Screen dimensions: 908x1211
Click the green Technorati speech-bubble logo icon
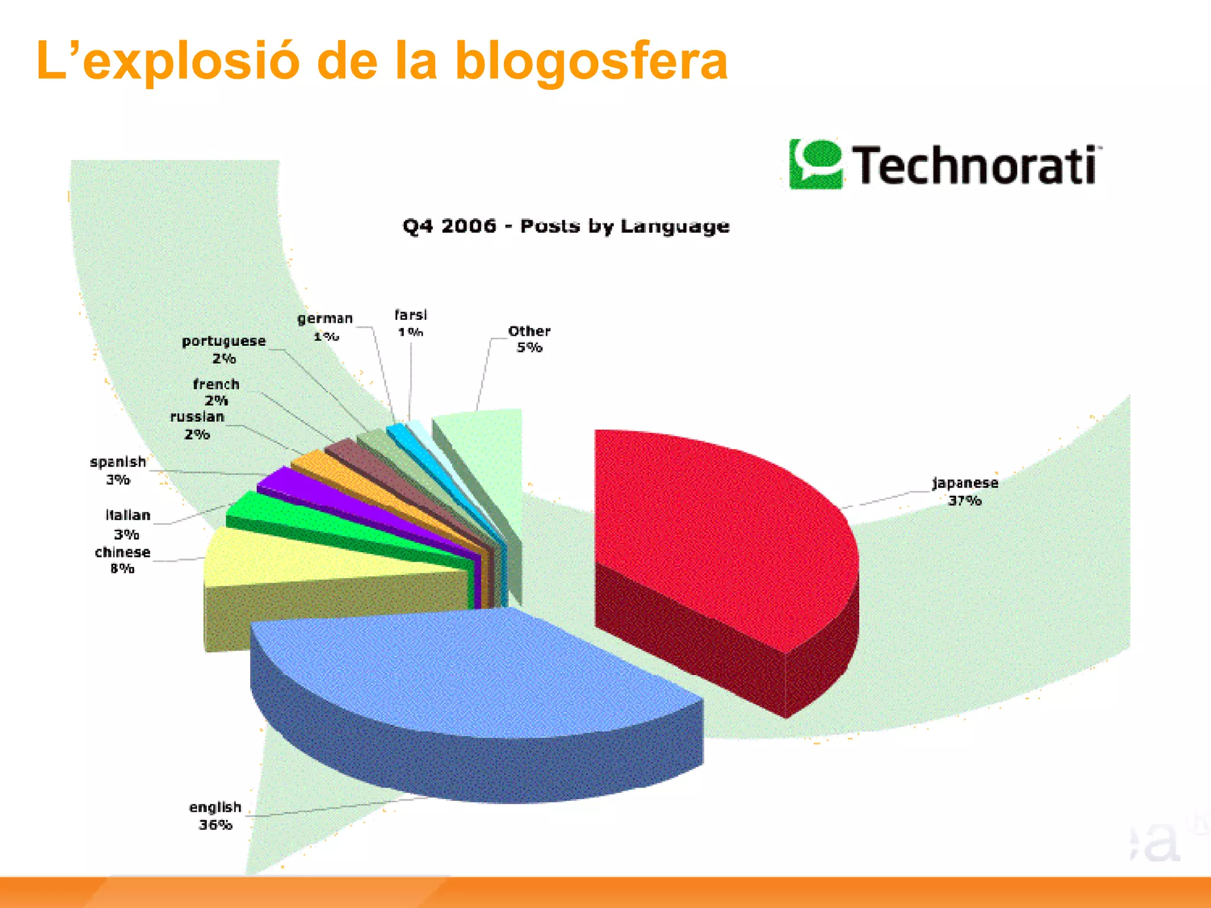[815, 164]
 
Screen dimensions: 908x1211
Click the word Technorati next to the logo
[976, 166]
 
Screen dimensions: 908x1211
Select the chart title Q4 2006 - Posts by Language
[566, 226]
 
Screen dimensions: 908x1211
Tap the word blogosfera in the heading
[591, 62]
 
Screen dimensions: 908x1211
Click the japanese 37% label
[965, 491]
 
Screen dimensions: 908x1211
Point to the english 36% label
[215, 815]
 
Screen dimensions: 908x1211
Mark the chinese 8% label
[122, 560]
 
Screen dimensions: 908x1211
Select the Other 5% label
[529, 339]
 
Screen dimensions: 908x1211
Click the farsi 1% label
[410, 323]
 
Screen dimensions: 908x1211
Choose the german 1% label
[325, 327]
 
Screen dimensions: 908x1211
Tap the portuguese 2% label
[224, 349]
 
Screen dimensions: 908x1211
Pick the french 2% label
[216, 392]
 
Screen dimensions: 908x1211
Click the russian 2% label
[197, 425]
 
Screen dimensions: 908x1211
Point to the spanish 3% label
[118, 470]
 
